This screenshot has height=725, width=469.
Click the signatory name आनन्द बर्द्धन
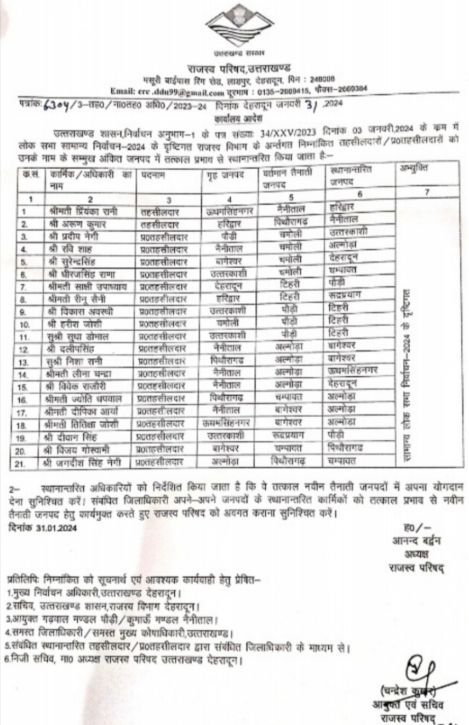click(416, 540)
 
